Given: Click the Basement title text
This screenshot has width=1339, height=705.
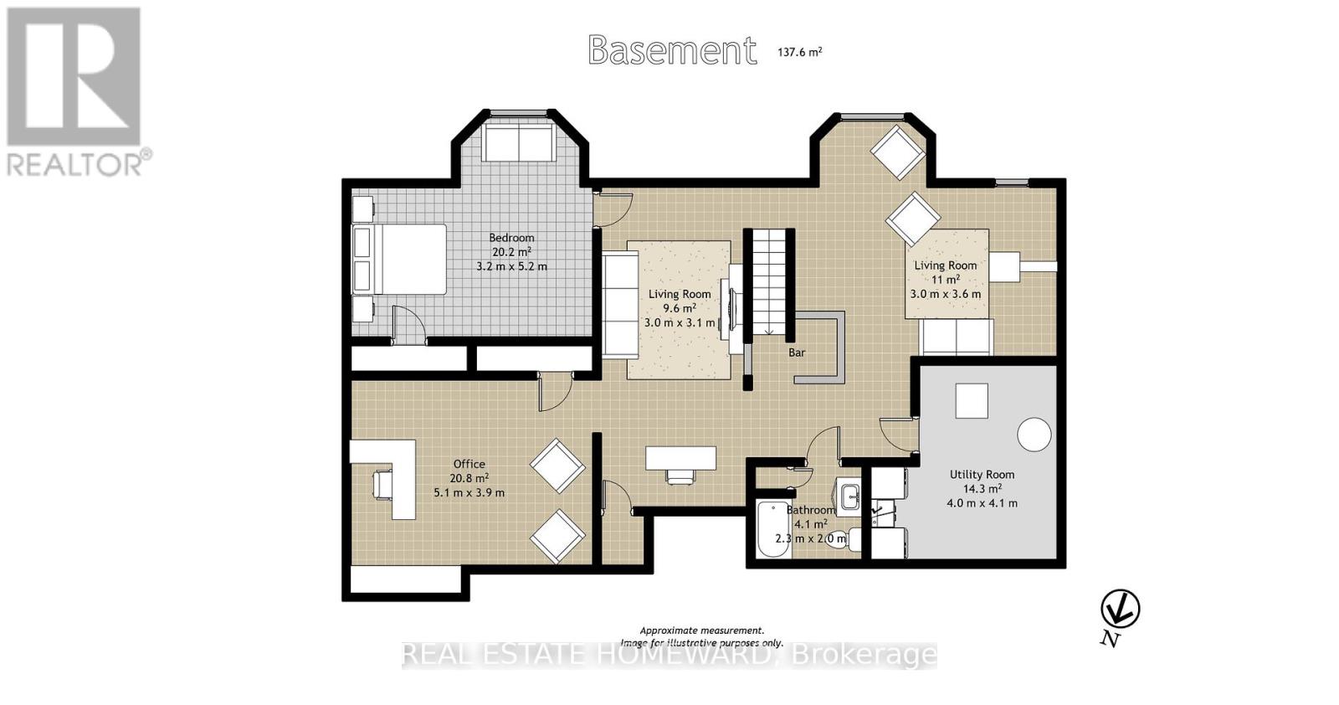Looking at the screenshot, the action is [x=673, y=50].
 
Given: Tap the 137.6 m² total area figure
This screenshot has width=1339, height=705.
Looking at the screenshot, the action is [x=799, y=52].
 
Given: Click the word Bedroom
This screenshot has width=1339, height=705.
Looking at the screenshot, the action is [x=511, y=238].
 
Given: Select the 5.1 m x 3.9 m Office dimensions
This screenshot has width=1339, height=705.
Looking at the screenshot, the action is [x=469, y=492].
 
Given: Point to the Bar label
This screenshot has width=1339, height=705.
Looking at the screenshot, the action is [x=797, y=352].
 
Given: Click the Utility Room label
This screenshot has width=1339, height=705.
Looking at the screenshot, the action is [x=982, y=474].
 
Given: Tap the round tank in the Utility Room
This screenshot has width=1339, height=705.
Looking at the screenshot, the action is [x=1034, y=435].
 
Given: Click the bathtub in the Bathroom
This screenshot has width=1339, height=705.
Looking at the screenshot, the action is [x=773, y=529].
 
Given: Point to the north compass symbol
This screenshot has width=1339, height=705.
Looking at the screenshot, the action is [x=1121, y=610].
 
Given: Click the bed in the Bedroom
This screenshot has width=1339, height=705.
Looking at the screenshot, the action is [x=398, y=260].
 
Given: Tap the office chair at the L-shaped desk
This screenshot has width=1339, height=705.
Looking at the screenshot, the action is [x=383, y=483].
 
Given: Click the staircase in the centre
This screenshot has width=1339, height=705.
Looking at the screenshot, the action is [x=769, y=282].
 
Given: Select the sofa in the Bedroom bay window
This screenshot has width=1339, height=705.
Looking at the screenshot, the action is [x=519, y=142].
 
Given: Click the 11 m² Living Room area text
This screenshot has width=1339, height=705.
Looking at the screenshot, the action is [x=946, y=280].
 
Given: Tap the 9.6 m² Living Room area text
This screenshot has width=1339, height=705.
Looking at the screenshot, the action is [x=680, y=308].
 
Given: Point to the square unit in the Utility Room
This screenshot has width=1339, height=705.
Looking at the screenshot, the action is [x=972, y=400].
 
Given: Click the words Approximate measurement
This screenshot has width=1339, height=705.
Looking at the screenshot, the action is [x=702, y=630].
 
